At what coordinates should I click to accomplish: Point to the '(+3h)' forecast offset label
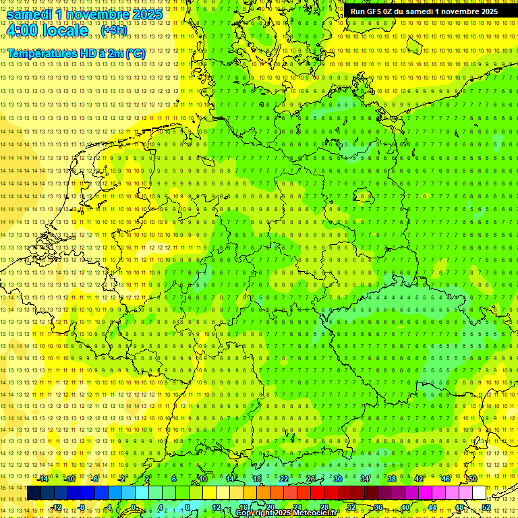pos(113,30)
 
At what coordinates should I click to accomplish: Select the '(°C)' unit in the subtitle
pos(134,53)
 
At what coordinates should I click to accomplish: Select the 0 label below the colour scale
pos(134,507)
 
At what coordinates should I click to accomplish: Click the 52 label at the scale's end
pos(486,507)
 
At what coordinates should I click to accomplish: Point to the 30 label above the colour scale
pos(337,479)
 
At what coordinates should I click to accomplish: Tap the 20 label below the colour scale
pos(270,507)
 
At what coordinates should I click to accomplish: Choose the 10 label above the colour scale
pos(202,479)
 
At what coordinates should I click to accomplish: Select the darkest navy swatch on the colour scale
pos(34,493)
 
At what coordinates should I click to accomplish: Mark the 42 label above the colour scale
pos(418,479)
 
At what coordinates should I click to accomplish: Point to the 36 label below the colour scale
pos(378,507)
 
